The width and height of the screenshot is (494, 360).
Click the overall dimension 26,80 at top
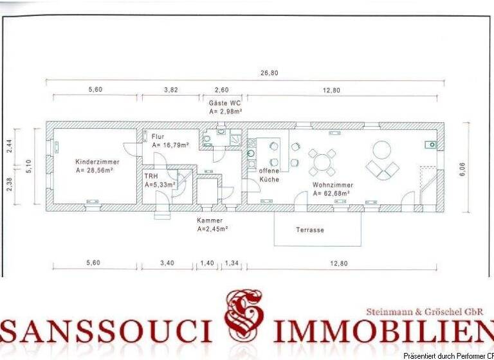tap(270, 73)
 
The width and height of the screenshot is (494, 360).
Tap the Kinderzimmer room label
tap(95, 162)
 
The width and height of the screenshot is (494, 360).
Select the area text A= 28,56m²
tap(95, 171)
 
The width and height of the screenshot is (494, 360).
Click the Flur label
tap(158, 136)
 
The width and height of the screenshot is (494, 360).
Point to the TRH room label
tap(151, 175)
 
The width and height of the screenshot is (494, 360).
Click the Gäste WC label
tap(224, 103)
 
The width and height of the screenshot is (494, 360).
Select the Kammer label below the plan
tap(210, 220)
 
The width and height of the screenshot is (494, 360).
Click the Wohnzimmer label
tap(333, 184)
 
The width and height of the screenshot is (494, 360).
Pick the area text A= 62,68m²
tap(333, 194)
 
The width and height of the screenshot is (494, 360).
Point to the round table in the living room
tap(382, 150)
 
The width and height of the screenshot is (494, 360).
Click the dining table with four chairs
tap(322, 163)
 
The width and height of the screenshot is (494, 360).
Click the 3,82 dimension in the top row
tap(170, 90)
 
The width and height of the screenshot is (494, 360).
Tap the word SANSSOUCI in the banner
tap(107, 331)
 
